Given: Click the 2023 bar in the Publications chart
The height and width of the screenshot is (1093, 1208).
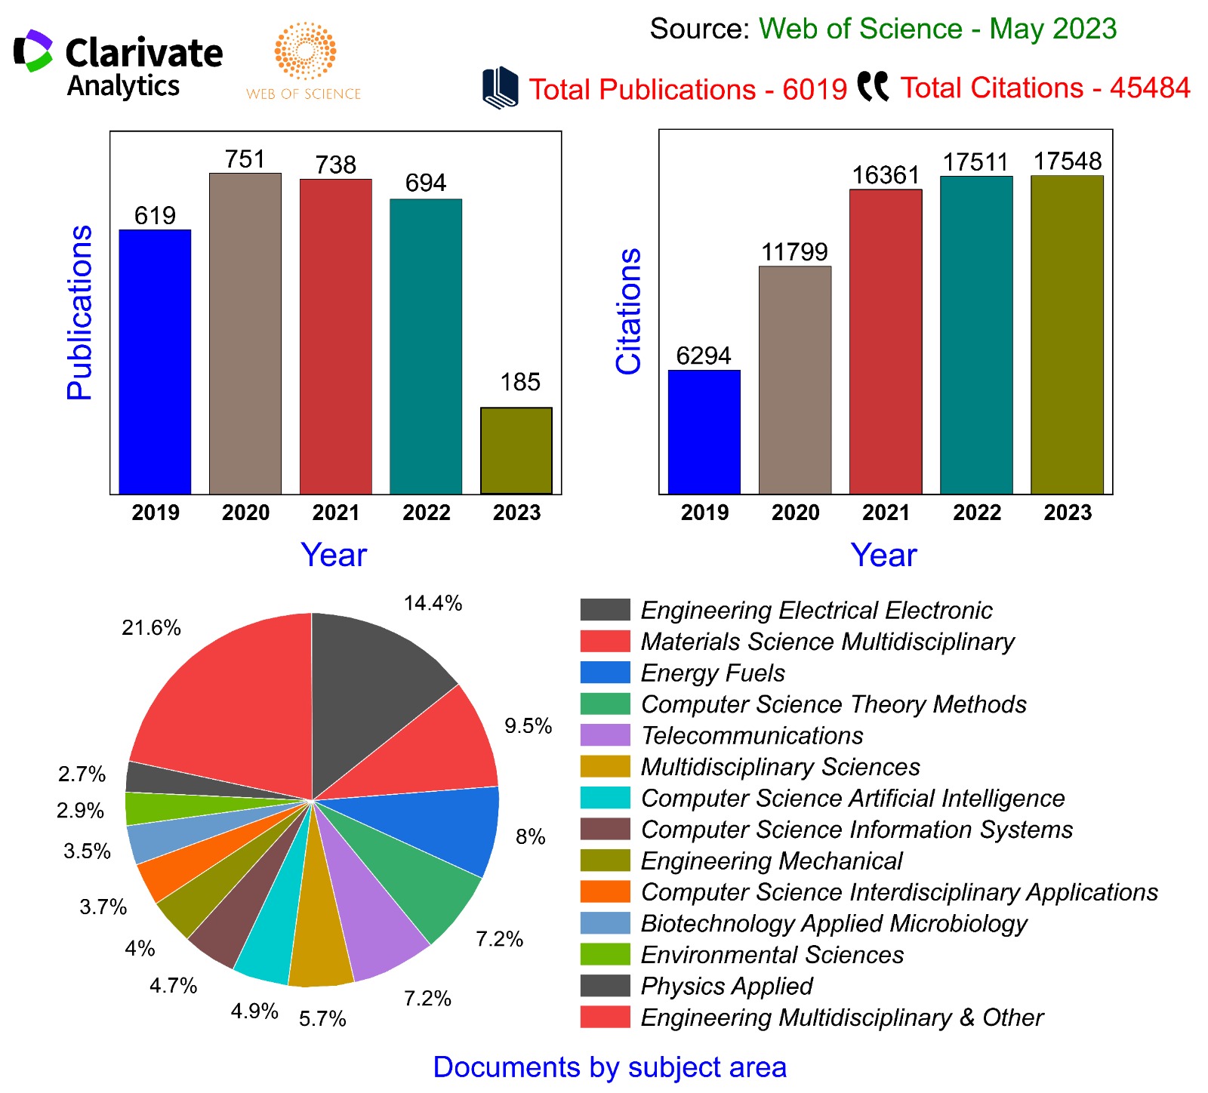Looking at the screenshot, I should click(516, 451).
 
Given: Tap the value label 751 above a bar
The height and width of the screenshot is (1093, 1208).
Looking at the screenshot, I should click(245, 159).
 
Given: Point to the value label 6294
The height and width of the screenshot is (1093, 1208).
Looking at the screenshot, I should click(704, 356).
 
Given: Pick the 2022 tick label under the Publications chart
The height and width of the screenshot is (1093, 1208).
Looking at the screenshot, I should click(426, 513).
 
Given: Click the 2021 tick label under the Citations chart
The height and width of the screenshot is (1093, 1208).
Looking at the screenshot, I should click(886, 513).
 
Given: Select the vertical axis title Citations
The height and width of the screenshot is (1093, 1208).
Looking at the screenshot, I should click(628, 311).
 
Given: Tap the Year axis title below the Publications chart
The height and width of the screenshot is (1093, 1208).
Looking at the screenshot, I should click(334, 555).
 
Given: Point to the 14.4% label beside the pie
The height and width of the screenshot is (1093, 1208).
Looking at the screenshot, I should click(433, 603).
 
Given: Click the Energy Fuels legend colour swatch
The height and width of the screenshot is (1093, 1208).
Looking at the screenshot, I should click(605, 673).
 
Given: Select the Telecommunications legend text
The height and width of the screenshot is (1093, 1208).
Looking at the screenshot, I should click(752, 735).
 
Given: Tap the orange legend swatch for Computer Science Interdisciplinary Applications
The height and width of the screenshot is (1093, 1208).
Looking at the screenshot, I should click(605, 891).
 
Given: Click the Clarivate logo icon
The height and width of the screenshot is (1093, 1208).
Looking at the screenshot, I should click(33, 51).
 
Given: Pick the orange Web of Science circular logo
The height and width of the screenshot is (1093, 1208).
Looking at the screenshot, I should click(305, 51).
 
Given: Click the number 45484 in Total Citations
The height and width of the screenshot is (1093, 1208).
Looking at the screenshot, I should click(1150, 88).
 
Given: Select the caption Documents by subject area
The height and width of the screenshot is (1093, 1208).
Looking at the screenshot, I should click(610, 1067).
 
